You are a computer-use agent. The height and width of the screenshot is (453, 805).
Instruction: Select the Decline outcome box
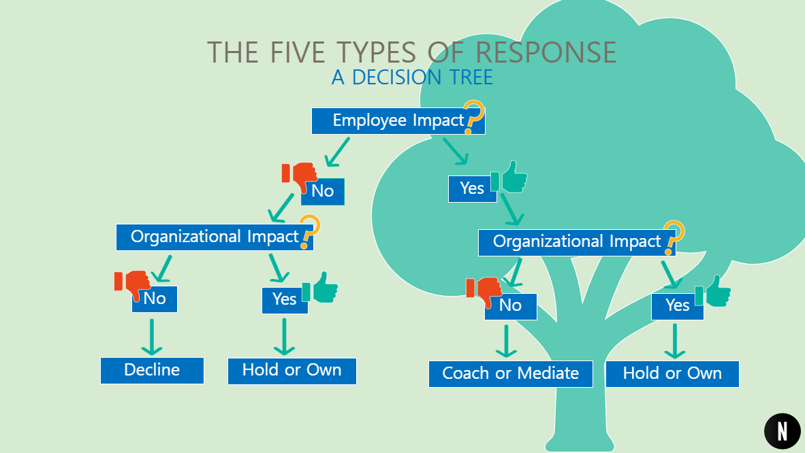pyautogui.click(x=152, y=370)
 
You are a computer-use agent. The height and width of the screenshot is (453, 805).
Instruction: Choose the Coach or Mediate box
pyautogui.click(x=510, y=373)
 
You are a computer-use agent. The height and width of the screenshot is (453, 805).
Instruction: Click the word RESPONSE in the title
pyautogui.click(x=546, y=52)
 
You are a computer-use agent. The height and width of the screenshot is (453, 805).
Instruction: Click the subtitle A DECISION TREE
pyautogui.click(x=412, y=78)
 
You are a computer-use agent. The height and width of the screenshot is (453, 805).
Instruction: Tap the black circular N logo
pyautogui.click(x=782, y=431)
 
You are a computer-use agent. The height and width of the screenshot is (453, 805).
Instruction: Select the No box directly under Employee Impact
pyautogui.click(x=323, y=191)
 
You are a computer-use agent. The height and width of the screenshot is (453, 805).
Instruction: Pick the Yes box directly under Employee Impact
pyautogui.click(x=471, y=188)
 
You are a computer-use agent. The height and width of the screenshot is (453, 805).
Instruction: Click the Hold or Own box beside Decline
pyautogui.click(x=291, y=371)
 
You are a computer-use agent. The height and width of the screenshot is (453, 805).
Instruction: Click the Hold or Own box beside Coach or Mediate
pyautogui.click(x=672, y=373)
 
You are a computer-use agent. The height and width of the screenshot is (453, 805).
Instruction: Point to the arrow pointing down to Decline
pyautogui.click(x=152, y=337)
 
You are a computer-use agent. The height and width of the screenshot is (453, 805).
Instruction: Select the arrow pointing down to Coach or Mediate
pyautogui.click(x=506, y=341)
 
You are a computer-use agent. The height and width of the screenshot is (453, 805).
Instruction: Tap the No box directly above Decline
pyautogui.click(x=155, y=299)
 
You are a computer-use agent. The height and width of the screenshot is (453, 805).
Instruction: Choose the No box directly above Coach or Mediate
pyautogui.click(x=510, y=306)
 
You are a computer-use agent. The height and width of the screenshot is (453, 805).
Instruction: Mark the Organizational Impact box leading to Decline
pyautogui.click(x=214, y=237)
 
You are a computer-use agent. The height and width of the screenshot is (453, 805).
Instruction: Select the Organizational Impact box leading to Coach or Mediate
pyautogui.click(x=576, y=242)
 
